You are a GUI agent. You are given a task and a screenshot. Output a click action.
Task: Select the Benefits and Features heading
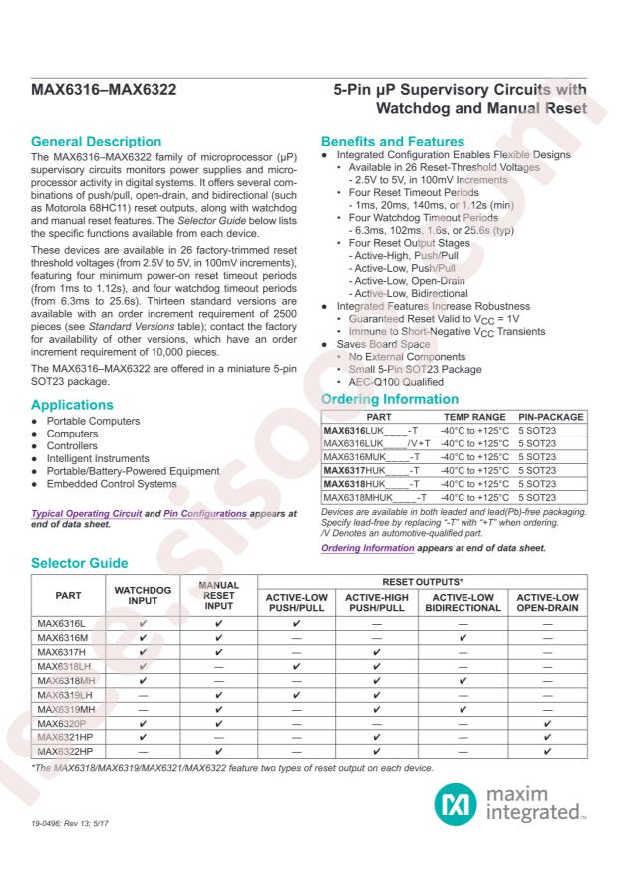point(393,142)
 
